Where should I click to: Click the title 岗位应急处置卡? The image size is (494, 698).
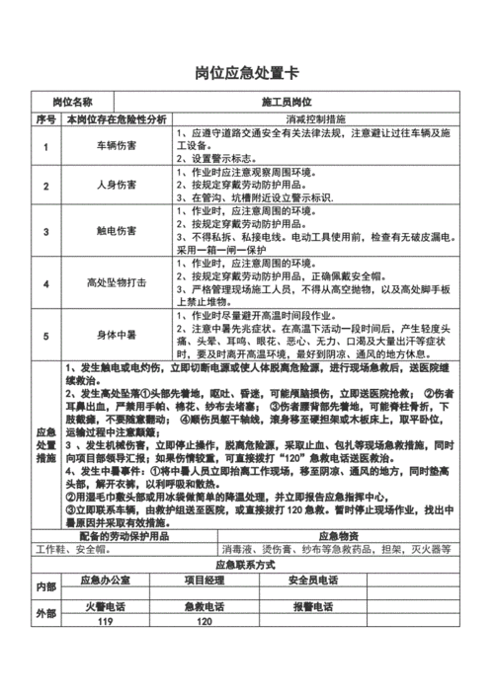pyautogui.click(x=246, y=75)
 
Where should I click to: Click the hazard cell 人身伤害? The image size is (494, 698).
pyautogui.click(x=117, y=185)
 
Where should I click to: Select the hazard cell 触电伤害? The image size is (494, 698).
pyautogui.click(x=117, y=230)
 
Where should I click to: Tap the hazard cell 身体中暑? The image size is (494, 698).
pyautogui.click(x=117, y=335)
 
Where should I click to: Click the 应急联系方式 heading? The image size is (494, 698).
pyautogui.click(x=246, y=565)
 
